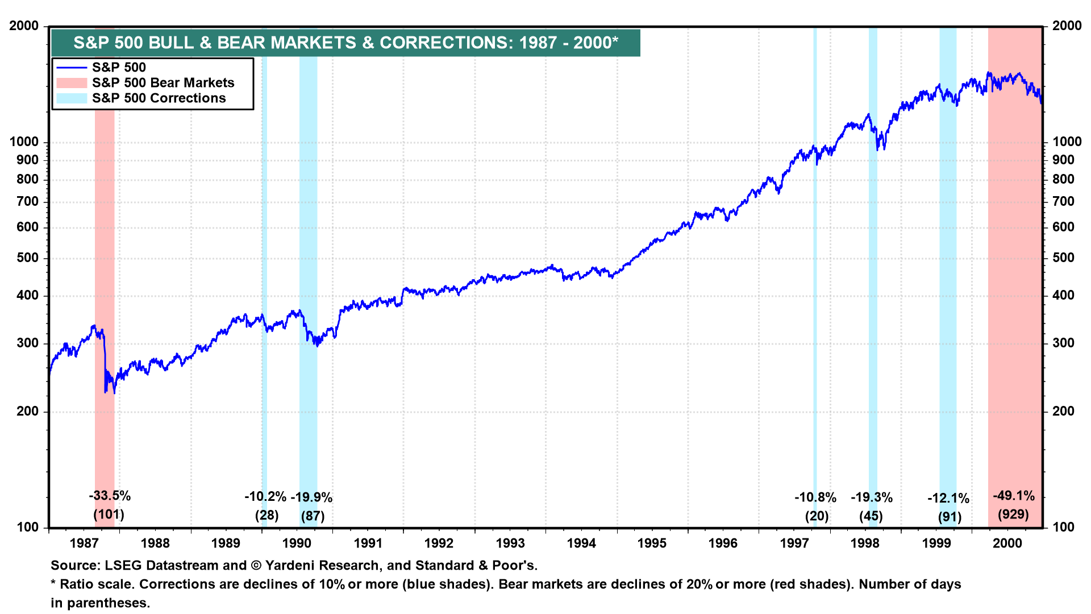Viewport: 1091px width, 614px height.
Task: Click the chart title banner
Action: tap(345, 43)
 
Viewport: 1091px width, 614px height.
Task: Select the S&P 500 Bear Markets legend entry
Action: tap(163, 83)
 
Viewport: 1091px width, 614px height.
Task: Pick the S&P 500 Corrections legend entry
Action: tap(159, 98)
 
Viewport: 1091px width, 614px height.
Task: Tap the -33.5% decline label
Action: tap(110, 496)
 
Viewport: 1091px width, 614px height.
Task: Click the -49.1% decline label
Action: tap(1014, 496)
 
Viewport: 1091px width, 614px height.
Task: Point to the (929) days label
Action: tap(1013, 515)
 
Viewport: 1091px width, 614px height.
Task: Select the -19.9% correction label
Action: tap(311, 497)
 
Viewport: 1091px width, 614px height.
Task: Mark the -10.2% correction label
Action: tap(265, 496)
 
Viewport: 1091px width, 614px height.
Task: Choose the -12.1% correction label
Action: tap(948, 499)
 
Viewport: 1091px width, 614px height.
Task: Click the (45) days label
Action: tap(871, 516)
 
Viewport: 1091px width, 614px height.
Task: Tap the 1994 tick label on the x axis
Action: tap(581, 543)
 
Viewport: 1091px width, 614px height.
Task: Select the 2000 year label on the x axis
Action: tap(1007, 543)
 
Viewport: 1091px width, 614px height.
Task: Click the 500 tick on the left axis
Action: tap(28, 258)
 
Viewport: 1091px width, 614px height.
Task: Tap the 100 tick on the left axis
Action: tap(28, 527)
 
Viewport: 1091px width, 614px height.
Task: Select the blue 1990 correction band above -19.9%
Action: tap(309, 227)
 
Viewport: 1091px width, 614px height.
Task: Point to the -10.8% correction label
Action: tap(815, 497)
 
